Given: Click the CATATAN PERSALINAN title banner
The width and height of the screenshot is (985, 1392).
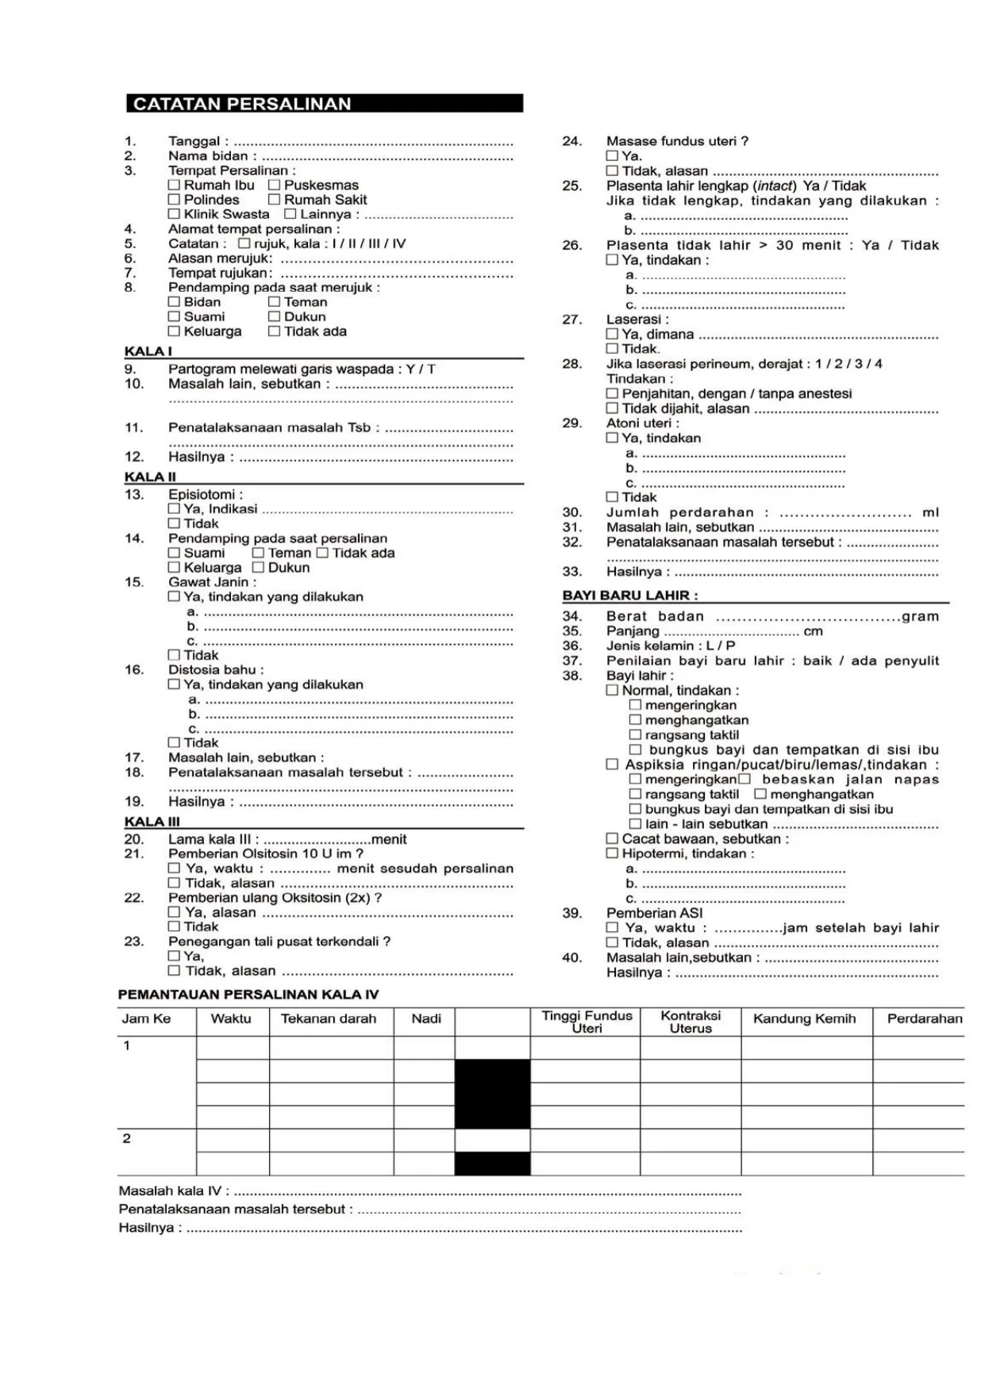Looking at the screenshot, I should click(x=324, y=104).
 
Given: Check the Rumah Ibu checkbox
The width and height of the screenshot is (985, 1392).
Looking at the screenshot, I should click(x=174, y=185).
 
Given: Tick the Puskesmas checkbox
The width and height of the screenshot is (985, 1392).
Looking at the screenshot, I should click(x=274, y=185).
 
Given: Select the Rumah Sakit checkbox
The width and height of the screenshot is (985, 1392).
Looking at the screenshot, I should click(x=274, y=200).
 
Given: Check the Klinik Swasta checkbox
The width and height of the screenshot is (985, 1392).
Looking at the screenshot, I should click(x=174, y=214).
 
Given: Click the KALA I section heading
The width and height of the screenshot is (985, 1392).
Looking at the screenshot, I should click(x=148, y=351).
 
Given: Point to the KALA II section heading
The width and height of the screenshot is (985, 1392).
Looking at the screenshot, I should click(x=150, y=477).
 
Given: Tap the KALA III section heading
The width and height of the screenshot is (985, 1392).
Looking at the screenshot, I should click(x=152, y=822).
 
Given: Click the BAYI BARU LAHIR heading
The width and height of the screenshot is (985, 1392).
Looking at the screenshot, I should click(x=630, y=595).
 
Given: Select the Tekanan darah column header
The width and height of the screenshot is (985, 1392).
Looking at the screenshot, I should click(x=329, y=1019).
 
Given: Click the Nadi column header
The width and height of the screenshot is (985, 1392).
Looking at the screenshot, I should click(x=426, y=1019).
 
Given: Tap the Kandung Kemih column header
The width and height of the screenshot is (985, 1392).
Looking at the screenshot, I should click(x=804, y=1019).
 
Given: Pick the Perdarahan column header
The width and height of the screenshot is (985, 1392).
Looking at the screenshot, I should click(x=925, y=1019).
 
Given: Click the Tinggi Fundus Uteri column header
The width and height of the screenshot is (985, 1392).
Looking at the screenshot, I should click(x=587, y=1022).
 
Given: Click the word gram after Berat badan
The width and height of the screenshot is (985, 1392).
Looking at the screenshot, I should click(x=920, y=616).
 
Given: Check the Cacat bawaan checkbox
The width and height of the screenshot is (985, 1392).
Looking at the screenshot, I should click(x=612, y=838).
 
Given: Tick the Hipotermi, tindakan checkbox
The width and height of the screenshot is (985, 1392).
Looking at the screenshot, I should click(x=612, y=853).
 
